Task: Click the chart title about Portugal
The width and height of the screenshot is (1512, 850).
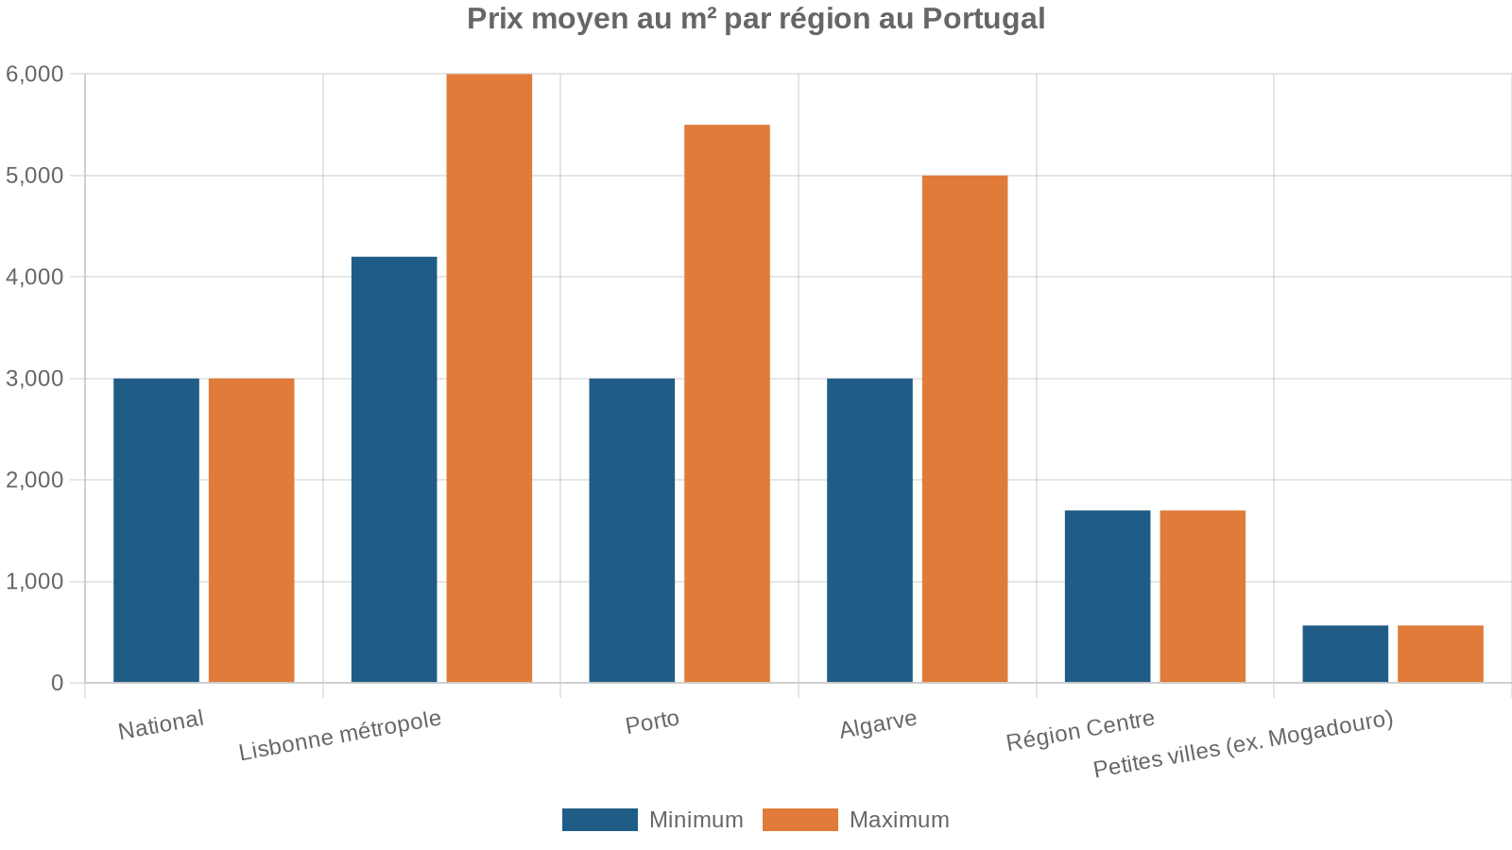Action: (756, 19)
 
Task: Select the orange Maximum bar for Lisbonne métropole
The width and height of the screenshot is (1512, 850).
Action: (489, 378)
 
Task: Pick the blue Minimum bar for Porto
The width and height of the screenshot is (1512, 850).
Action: (632, 530)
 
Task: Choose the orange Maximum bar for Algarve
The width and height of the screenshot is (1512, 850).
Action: (965, 429)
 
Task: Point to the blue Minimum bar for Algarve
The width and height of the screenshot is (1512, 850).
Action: (869, 530)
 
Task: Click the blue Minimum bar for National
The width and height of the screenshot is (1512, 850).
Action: (156, 530)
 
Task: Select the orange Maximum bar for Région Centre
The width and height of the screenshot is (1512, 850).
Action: (1202, 596)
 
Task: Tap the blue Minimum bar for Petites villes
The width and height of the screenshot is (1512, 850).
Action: (1345, 654)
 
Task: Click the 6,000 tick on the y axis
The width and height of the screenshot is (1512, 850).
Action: (35, 74)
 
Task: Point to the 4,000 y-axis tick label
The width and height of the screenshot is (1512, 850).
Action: (35, 277)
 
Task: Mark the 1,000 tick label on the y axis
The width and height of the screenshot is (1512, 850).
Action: (35, 582)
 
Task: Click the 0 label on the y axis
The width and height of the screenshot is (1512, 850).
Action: (58, 683)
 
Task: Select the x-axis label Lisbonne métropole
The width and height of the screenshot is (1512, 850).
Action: (340, 735)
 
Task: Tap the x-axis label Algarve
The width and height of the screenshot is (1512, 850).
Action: (878, 724)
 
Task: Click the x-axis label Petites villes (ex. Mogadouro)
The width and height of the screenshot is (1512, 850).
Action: (1243, 744)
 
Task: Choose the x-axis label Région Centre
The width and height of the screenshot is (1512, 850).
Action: (1080, 730)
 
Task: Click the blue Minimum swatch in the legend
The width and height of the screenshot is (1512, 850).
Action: (599, 820)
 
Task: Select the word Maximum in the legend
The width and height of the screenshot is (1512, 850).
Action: (899, 820)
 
